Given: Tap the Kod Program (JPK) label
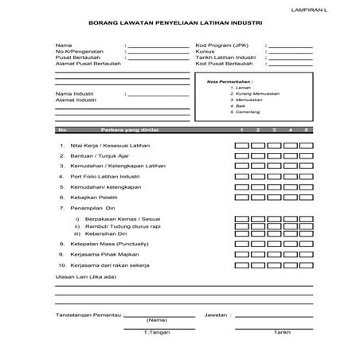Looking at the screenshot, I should (219, 45).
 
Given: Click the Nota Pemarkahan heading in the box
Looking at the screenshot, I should (229, 82).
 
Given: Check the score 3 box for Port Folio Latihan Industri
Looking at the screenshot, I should (274, 177).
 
